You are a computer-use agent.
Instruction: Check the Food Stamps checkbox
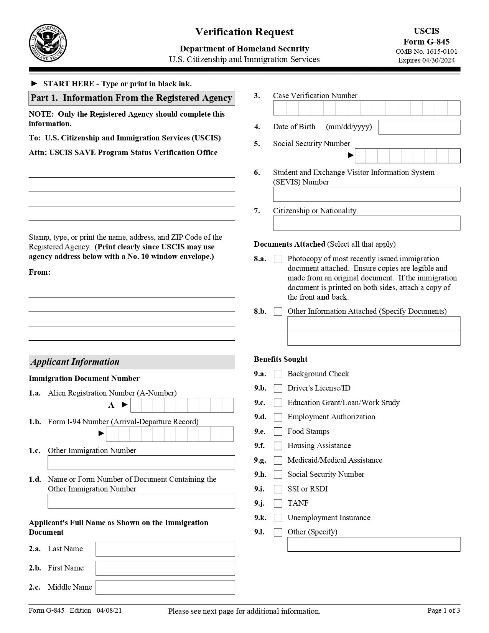[278, 432]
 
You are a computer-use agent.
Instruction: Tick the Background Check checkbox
[278, 374]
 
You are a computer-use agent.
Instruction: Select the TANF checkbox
[278, 503]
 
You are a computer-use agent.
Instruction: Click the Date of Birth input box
[419, 127]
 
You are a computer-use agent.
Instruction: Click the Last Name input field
[165, 549]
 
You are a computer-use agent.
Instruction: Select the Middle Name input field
[165, 587]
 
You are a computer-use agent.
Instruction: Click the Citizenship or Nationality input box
[366, 223]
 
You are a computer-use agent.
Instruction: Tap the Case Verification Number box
[366, 108]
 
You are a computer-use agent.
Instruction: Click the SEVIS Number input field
[366, 194]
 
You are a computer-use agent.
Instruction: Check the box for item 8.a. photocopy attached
[278, 259]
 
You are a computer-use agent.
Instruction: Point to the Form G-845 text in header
[426, 41]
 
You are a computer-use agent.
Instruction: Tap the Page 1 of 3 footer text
[443, 610]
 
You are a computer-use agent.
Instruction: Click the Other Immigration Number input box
[141, 463]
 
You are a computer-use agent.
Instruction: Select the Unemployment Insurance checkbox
[278, 518]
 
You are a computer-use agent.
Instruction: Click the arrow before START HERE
[34, 84]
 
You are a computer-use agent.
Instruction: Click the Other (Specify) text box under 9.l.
[374, 544]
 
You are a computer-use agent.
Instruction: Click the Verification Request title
[244, 32]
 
